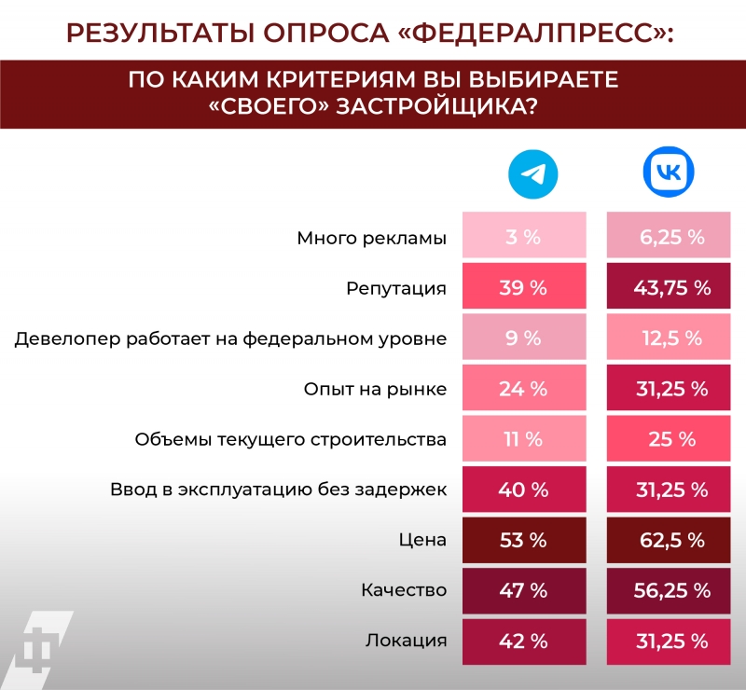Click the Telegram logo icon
point(532,175)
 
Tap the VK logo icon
point(670,173)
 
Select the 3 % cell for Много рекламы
point(523,237)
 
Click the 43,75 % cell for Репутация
point(671,287)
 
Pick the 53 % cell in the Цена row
point(523,540)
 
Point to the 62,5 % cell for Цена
point(671,540)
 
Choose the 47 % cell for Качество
point(523,590)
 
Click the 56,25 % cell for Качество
point(671,590)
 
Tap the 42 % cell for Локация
point(523,641)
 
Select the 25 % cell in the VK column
point(671,439)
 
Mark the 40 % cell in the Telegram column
point(523,490)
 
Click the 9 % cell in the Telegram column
point(523,338)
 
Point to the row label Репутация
point(396,288)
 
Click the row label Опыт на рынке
point(375,389)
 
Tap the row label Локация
point(406,641)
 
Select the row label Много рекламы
point(371,238)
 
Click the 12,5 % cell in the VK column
point(671,338)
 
